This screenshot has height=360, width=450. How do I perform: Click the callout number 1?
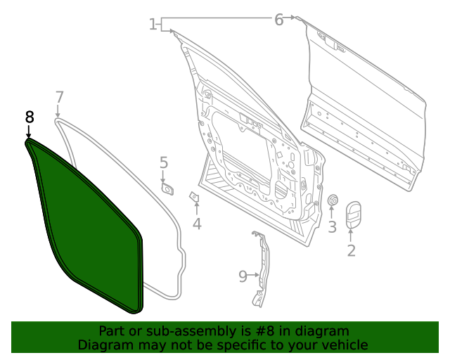pos(153,25)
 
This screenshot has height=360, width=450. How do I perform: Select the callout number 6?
pos(279,20)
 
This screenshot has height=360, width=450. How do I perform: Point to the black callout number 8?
pos(29,116)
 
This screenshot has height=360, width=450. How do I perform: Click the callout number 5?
pos(164,163)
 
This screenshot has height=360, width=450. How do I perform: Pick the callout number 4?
pos(197,224)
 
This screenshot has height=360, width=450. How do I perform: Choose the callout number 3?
pos(333,226)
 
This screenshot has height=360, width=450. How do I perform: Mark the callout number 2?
pos(352,250)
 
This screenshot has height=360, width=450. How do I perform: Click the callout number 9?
pos(243,276)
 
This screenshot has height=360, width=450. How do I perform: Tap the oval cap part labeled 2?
pos(353,216)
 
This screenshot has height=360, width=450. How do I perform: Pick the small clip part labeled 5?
pos(168,188)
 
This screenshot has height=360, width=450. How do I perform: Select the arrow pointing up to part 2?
pos(352,235)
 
